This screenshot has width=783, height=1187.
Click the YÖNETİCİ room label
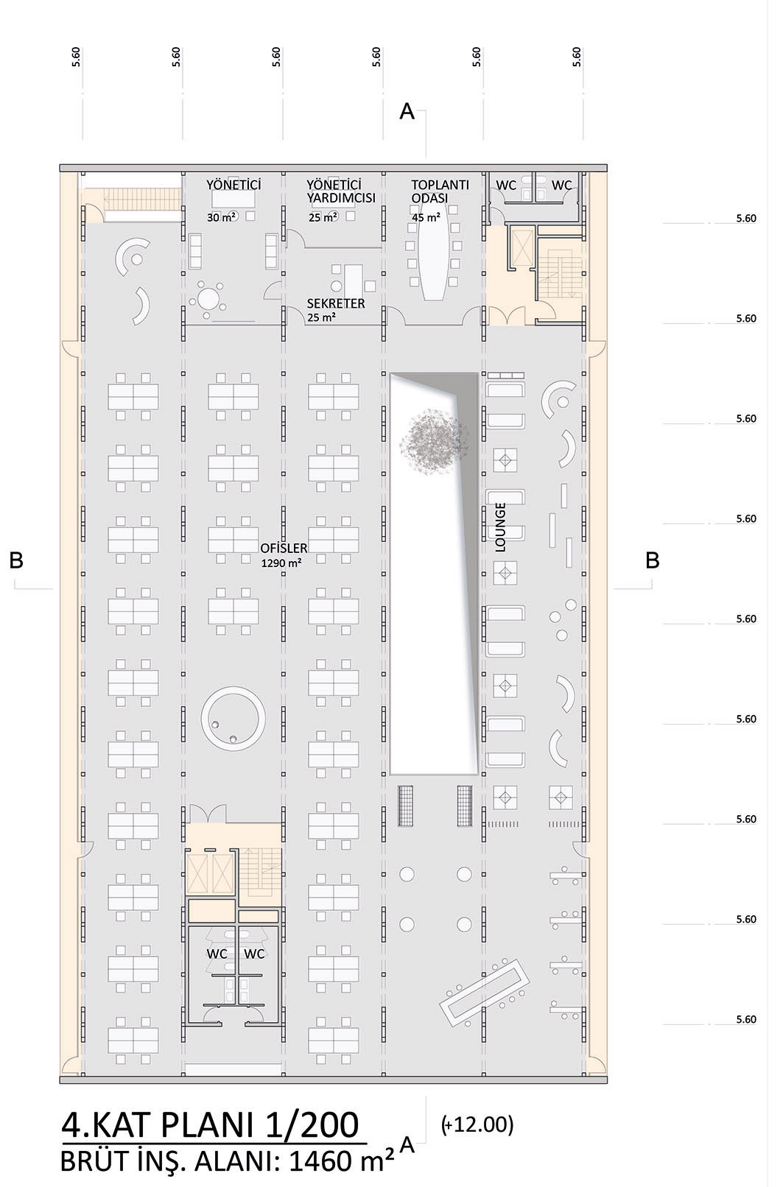(x=234, y=185)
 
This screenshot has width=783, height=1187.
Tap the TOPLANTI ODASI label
(x=440, y=191)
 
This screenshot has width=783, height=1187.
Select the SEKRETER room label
(x=336, y=303)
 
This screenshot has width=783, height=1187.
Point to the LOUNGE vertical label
(x=500, y=527)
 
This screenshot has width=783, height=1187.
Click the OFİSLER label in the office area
(x=284, y=548)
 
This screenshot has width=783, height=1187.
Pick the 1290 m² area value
(x=281, y=563)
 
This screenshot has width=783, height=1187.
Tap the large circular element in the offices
(x=234, y=718)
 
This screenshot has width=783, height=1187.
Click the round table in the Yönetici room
(x=208, y=297)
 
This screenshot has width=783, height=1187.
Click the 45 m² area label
(x=426, y=217)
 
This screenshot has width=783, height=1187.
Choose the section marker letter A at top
(x=407, y=111)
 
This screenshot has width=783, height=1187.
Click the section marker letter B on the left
(x=16, y=560)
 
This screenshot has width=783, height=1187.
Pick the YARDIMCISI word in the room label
(x=341, y=197)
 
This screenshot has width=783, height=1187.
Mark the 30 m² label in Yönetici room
(x=221, y=217)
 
